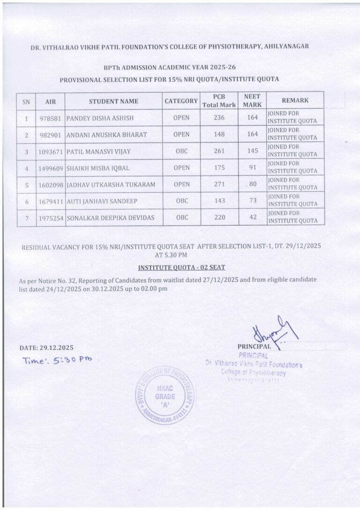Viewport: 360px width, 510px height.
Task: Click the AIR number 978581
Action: coord(50,118)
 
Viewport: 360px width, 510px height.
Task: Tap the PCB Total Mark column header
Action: coord(219,101)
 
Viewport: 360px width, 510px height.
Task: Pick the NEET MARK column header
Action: coord(252,101)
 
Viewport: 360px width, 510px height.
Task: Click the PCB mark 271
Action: coord(219,184)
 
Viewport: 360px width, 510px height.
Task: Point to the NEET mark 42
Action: coord(253,217)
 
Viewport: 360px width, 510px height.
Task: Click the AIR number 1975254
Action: coord(51,218)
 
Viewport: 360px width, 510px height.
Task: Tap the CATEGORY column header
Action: coord(181,101)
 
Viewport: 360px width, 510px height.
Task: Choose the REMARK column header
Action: coord(295,100)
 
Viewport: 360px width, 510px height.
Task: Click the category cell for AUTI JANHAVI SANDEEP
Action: coord(181,201)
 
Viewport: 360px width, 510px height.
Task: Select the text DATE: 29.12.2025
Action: coord(46,348)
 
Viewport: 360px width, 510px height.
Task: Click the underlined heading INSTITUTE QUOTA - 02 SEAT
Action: coord(181,267)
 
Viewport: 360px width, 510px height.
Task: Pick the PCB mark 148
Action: coord(219,135)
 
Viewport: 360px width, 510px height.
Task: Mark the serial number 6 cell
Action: coord(27,201)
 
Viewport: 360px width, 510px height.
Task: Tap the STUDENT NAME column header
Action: coord(113,101)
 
